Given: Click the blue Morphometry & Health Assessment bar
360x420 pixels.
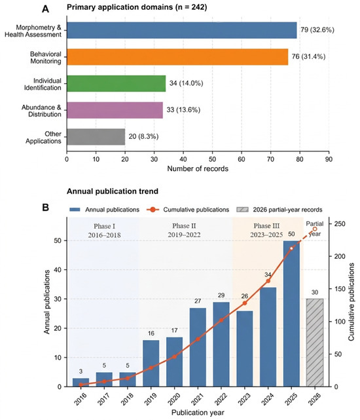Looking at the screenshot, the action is pyautogui.click(x=182, y=30).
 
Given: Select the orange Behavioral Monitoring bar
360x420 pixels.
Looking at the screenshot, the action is pyautogui.click(x=177, y=57).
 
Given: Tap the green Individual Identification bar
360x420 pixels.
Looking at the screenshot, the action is pyautogui.click(x=116, y=84).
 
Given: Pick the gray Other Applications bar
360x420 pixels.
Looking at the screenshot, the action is pyautogui.click(x=96, y=137).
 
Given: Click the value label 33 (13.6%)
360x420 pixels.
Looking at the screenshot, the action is pyautogui.click(x=183, y=110).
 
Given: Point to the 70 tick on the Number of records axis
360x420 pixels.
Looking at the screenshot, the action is pyautogui.click(x=270, y=159).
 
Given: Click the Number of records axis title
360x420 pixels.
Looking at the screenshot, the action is pyautogui.click(x=198, y=169).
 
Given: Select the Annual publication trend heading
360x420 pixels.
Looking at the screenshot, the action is pyautogui.click(x=113, y=191).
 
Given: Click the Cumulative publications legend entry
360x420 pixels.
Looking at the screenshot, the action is pyautogui.click(x=188, y=210).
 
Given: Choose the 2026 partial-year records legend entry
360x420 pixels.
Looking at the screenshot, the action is pyautogui.click(x=279, y=210).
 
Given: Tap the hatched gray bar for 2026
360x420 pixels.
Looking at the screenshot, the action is pyautogui.click(x=315, y=343).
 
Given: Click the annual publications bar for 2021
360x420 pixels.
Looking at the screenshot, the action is pyautogui.click(x=198, y=347).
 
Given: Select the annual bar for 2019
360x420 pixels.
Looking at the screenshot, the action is pyautogui.click(x=151, y=363).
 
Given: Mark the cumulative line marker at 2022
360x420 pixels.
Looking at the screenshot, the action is pyautogui.click(x=221, y=320).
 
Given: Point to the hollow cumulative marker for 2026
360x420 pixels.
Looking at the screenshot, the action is pyautogui.click(x=315, y=229).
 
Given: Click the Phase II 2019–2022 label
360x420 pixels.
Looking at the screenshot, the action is pyautogui.click(x=184, y=231).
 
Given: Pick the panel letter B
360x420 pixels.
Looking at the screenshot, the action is pyautogui.click(x=46, y=208).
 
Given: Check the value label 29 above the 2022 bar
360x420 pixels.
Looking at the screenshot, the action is pyautogui.click(x=221, y=295).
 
